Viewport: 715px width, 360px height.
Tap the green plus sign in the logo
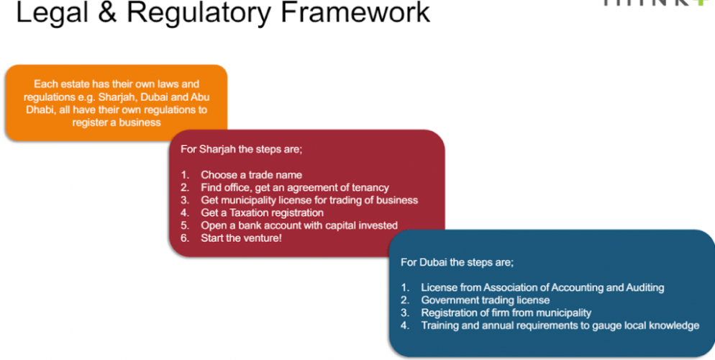[702, 3]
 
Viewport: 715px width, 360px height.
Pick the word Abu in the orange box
[199, 97]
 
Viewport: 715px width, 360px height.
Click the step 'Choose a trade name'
[251, 175]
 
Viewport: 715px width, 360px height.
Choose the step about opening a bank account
[299, 225]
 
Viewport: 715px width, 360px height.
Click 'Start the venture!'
[242, 238]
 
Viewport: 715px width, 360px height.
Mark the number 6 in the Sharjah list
[184, 238]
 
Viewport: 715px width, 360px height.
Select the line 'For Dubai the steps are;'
[457, 262]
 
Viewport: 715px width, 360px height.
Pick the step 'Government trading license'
[485, 300]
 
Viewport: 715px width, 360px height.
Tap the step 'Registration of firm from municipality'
[506, 312]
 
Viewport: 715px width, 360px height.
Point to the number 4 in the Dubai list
[405, 325]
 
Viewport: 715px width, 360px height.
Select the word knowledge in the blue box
[673, 325]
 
